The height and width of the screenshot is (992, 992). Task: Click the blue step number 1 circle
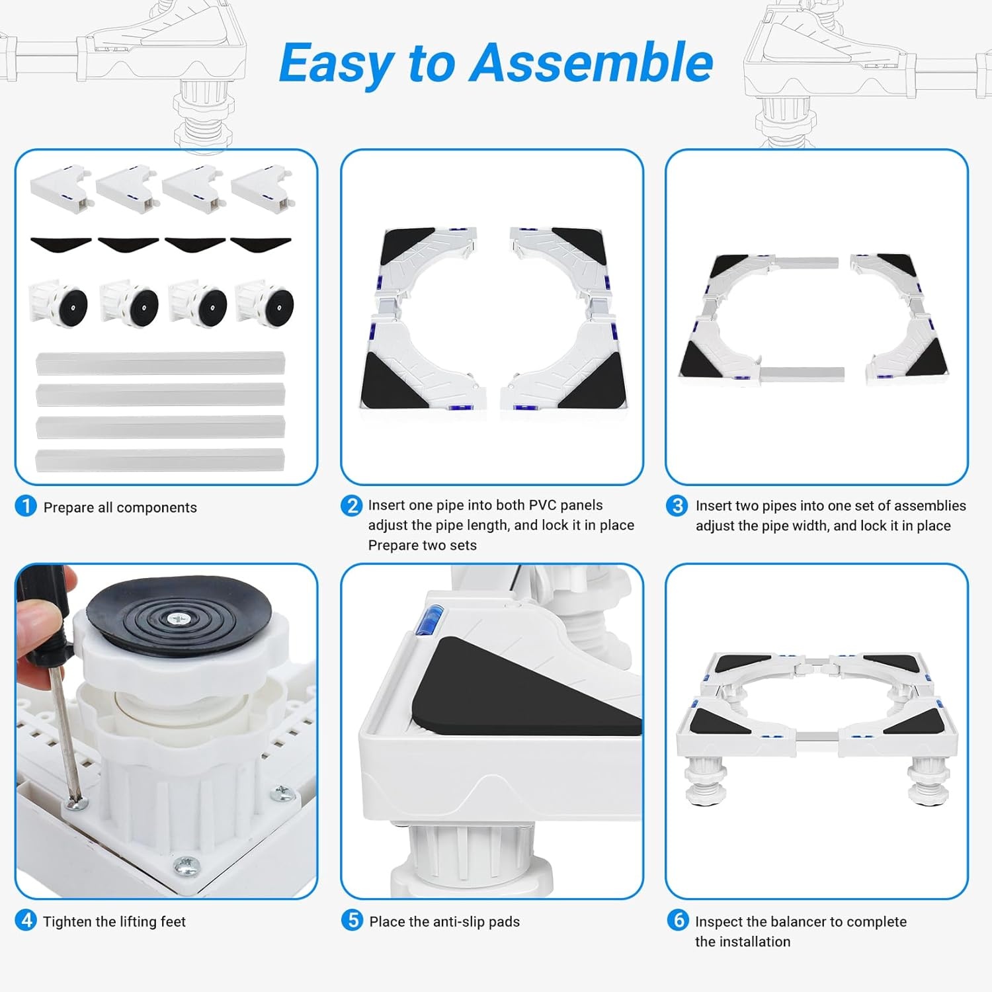pos(26,507)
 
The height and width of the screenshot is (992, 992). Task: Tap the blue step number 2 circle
pos(352,506)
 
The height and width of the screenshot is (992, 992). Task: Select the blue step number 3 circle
pos(677,506)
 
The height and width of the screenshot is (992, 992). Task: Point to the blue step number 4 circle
pos(26,920)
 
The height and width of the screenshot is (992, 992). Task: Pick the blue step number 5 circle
pos(352,920)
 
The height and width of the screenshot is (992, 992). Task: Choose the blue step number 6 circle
pos(677,920)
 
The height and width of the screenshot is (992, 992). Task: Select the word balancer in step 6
pos(800,921)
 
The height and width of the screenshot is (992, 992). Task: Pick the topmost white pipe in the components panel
pos(160,363)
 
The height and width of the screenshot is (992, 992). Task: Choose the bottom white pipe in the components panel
pos(160,460)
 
